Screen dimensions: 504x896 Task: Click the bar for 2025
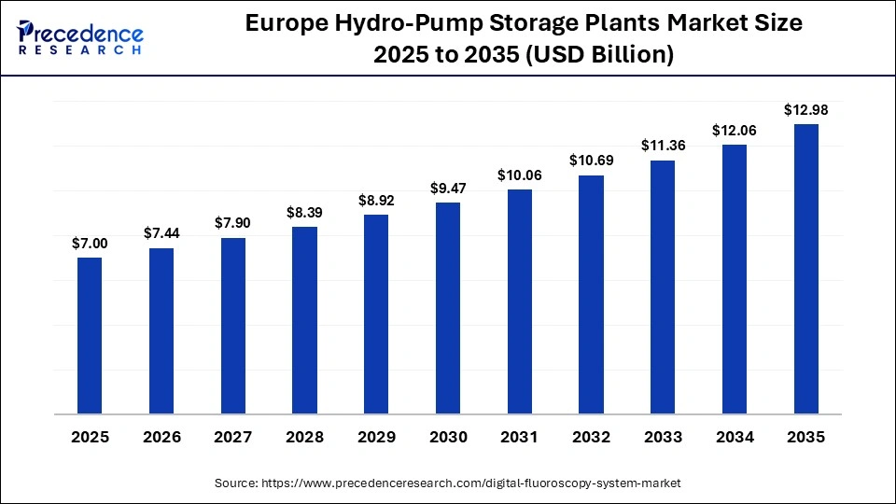(90, 335)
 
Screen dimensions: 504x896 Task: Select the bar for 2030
(448, 308)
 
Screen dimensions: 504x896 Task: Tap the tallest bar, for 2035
(806, 269)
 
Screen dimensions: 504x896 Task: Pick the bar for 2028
(304, 320)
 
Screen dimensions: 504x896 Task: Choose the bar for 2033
(663, 287)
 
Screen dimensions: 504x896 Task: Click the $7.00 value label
(90, 244)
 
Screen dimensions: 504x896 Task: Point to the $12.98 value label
(806, 110)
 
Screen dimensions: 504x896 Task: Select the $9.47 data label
(448, 189)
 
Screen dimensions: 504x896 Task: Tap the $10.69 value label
(592, 161)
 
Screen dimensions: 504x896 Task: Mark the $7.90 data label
(233, 224)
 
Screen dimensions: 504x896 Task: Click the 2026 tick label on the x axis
(161, 437)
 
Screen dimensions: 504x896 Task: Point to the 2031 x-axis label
(520, 437)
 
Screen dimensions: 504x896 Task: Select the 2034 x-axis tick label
(735, 437)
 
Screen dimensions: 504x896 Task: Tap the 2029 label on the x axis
(376, 437)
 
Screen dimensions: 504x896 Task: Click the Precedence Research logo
(80, 37)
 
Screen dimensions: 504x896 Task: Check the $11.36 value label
(663, 146)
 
